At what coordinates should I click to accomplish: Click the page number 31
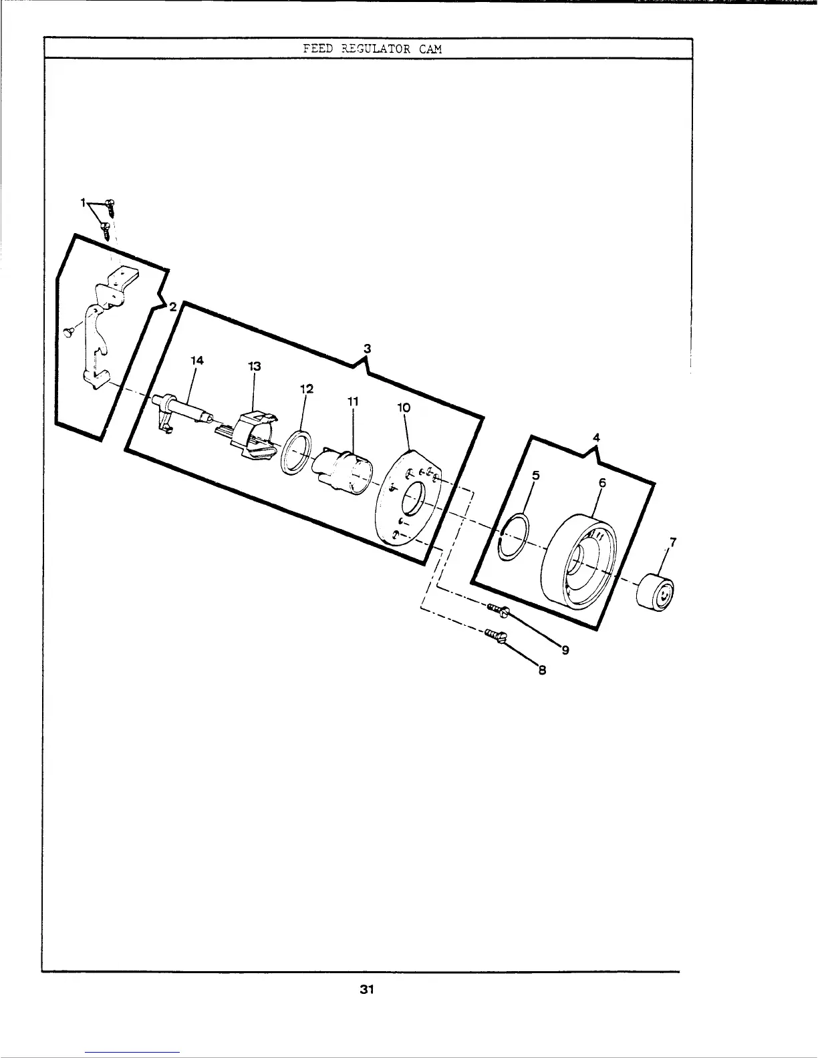[x=366, y=990]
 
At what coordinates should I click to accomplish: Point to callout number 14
[x=197, y=360]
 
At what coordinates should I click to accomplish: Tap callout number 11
[x=354, y=402]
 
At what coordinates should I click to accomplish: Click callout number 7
[x=673, y=542]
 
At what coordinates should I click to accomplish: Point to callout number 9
[x=565, y=651]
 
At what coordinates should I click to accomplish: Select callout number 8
[x=543, y=671]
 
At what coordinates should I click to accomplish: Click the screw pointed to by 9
[x=498, y=609]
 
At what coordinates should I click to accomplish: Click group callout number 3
[x=367, y=348]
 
